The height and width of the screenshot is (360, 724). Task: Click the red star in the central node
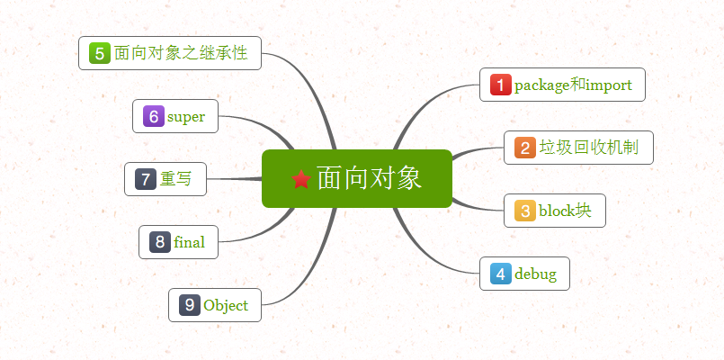pos(301,180)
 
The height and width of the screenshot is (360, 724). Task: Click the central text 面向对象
pos(369,178)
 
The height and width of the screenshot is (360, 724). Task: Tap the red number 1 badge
pos(501,85)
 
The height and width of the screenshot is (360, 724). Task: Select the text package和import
pos(573,85)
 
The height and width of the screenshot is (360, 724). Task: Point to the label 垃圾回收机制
pos(588,148)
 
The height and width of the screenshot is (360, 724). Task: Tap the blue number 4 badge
pos(501,274)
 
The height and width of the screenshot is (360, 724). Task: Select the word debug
pos(535,274)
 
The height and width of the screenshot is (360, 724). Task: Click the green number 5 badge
pos(100,53)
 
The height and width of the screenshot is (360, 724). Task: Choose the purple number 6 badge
pos(154,116)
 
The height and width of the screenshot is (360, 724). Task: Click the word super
pos(186,116)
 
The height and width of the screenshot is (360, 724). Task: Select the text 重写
pos(176,179)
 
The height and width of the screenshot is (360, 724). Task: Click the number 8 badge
pos(160,242)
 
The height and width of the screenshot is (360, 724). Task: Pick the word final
pos(190,242)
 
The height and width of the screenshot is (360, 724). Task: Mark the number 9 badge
pos(190,305)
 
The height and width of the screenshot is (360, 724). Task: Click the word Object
pos(226,305)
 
